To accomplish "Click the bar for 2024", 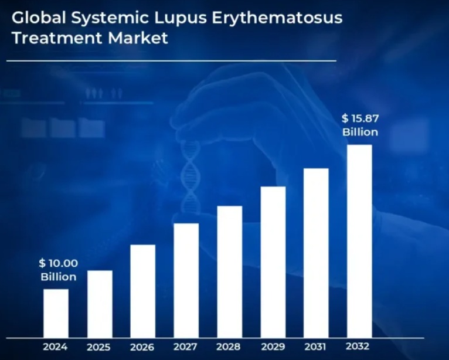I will point(56,313).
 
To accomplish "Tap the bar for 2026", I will point(143,291).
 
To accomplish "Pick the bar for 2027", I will point(186,280).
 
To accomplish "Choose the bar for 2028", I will point(230,271).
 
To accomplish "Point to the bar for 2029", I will point(273,262).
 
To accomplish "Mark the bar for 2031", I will point(316,253).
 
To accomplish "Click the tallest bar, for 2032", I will point(359,241).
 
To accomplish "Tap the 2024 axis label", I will point(55,347).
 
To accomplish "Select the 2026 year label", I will point(143,347).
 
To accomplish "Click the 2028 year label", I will point(229,347).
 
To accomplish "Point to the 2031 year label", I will point(316,347).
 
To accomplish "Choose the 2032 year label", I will point(359,347).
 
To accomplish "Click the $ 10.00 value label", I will point(58,263).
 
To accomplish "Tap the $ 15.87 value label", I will point(360,119).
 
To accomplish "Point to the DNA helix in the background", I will point(191,170).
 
